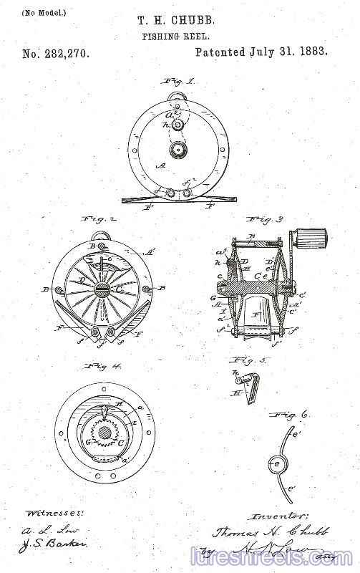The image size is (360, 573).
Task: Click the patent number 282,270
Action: pos(56,53)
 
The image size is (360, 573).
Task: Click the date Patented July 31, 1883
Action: pos(261,52)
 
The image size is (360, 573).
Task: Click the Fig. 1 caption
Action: pos(180,82)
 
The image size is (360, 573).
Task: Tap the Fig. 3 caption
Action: pos(265,218)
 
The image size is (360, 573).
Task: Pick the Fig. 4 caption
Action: pos(104,366)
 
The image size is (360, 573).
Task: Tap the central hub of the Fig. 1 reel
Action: pos(177,150)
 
